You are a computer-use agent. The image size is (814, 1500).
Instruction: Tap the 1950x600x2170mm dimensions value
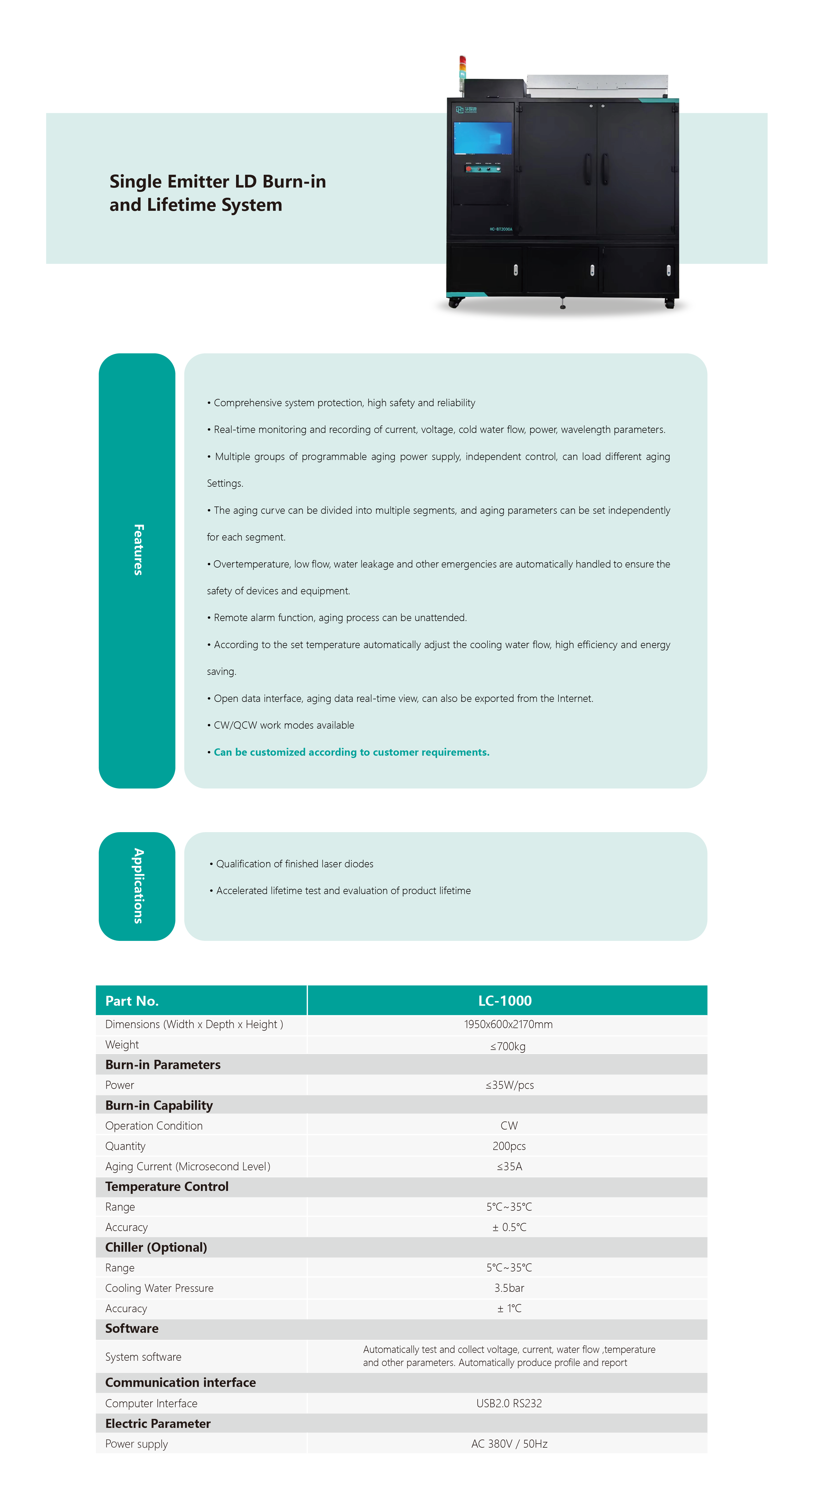point(508,1024)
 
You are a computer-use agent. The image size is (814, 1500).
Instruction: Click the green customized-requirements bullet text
point(351,752)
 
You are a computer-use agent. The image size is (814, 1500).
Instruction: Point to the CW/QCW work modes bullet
point(283,725)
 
